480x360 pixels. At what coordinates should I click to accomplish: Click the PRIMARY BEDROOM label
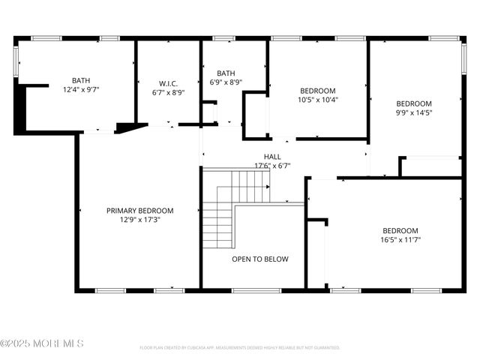(139, 211)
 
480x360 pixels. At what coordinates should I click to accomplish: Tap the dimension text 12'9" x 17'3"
(139, 220)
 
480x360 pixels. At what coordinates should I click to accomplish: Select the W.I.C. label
(168, 83)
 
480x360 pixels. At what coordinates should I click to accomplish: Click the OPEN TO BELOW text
(259, 259)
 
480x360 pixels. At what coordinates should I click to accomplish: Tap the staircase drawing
(234, 202)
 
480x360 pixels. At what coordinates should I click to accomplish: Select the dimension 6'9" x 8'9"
(226, 82)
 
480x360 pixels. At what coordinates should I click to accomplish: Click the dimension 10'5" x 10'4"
(318, 99)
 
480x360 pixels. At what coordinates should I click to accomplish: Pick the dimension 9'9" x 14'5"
(414, 112)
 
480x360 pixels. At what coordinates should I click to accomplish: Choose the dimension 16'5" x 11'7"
(400, 240)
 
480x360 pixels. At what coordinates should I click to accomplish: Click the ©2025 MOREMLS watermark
(42, 343)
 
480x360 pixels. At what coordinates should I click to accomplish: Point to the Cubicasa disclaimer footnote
(239, 348)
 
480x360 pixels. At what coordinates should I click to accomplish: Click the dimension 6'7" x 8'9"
(168, 92)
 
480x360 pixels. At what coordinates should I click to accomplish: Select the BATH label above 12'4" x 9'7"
(81, 80)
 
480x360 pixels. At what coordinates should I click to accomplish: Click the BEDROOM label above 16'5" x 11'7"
(400, 230)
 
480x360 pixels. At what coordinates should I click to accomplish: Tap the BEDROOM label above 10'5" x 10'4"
(318, 90)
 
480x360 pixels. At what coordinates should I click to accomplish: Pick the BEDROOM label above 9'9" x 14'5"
(414, 103)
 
